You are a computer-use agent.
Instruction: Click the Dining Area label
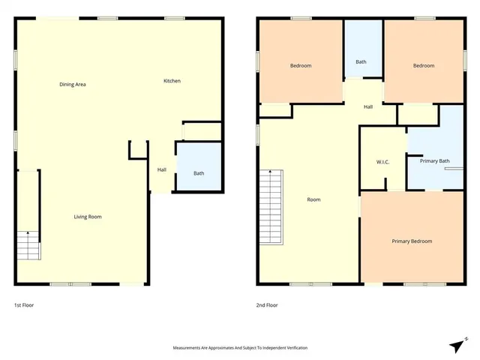pos(73,85)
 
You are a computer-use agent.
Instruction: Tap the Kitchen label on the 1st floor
pos(172,81)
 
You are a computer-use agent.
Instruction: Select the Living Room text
pos(88,217)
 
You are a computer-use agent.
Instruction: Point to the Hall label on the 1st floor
pos(161,169)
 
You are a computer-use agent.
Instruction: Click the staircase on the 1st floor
pos(27,245)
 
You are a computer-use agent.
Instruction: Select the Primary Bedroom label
pos(412,241)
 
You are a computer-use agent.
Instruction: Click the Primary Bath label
pos(434,160)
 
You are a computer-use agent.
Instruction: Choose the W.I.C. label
pos(382,163)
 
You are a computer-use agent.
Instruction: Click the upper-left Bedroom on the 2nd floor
pos(301,66)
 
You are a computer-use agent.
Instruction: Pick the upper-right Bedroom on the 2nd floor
pos(424,66)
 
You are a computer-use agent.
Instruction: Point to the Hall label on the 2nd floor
pos(368,107)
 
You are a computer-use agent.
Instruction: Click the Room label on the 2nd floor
pos(313,199)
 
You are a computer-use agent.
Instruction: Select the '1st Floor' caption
pos(24,305)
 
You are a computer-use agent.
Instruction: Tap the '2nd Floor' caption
pos(267,305)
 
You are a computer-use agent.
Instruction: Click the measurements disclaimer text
pos(240,348)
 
